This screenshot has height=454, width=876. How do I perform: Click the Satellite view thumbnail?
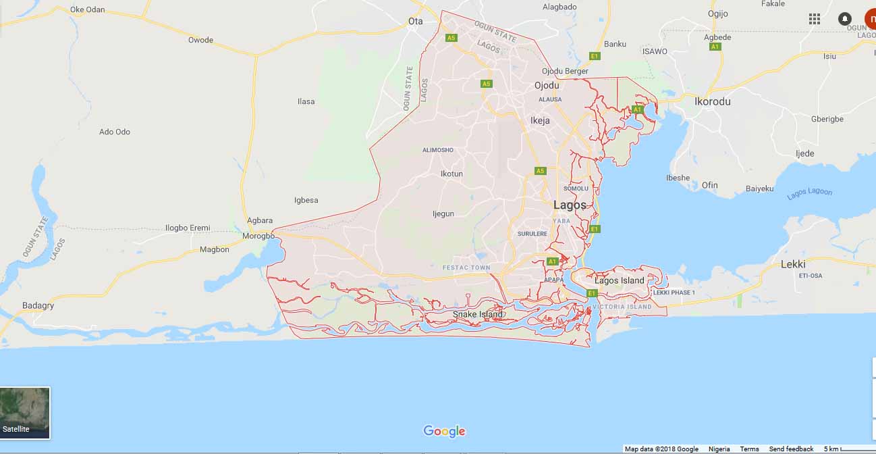point(25,412)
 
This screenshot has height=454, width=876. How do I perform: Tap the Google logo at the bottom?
point(444,431)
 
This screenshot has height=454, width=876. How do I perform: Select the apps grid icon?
point(815,19)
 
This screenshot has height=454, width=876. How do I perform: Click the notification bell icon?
point(844,19)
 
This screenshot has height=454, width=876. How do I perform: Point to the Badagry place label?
point(38,305)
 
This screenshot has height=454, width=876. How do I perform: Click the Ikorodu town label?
point(713,101)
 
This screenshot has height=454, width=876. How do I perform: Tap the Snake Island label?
point(478,314)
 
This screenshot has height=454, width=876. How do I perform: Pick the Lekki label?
point(793,264)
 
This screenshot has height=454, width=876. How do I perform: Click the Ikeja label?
point(540,120)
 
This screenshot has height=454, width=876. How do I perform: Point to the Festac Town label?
point(466,268)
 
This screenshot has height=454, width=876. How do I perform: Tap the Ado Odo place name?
point(115,132)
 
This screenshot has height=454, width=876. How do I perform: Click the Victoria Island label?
point(622,307)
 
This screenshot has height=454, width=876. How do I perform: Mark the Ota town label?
point(416,21)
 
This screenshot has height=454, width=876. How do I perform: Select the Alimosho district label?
point(438,150)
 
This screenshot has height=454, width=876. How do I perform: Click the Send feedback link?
point(791,449)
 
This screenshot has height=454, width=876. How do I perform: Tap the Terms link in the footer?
point(749,449)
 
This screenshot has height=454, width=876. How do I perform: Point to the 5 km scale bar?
point(847,449)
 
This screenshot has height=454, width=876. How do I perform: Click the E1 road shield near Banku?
point(595,55)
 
